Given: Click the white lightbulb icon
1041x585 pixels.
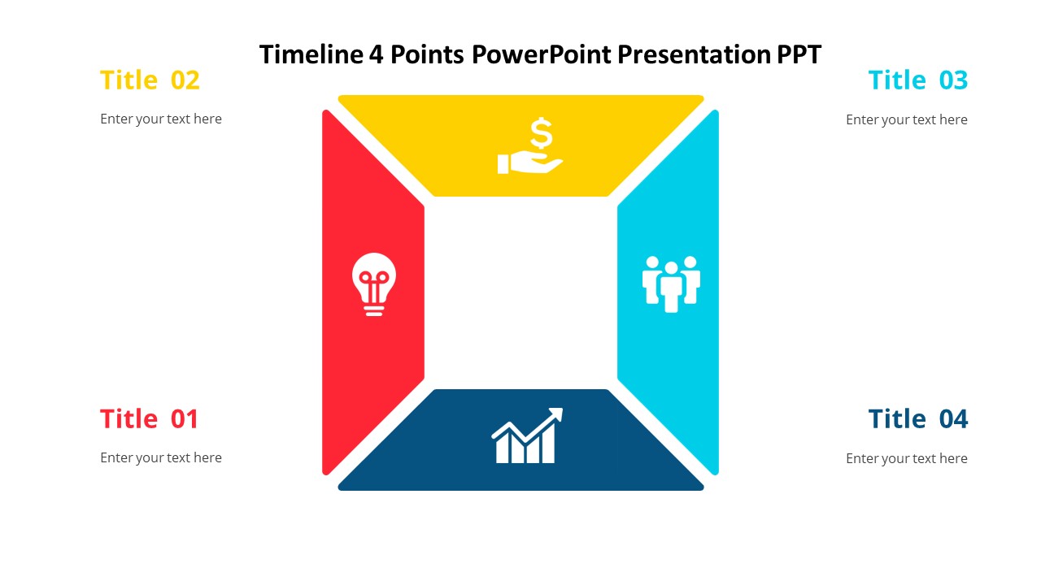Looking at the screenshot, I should pos(373,284).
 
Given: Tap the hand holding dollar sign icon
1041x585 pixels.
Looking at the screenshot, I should pos(530,147).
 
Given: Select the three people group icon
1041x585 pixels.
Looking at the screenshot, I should pos(671,284).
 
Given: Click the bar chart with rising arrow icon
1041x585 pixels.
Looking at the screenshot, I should pos(527,436).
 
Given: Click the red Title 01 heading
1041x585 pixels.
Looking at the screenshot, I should pos(149,419).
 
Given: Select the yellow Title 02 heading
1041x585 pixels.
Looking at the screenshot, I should pos(150,80).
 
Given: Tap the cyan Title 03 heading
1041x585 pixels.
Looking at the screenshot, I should pos(917,80).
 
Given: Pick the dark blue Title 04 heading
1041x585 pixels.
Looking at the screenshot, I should pos(917,419).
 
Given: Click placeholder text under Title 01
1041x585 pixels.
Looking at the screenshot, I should pos(161,457).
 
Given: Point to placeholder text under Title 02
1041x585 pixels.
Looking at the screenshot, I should pos(161,119).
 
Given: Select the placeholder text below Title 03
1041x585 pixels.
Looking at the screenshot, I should pos(906,119).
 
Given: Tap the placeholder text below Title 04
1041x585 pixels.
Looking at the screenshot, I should pos(906,458).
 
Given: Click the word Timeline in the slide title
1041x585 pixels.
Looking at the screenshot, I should pos(311,54).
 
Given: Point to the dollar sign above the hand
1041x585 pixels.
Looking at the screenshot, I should pos(541,132).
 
